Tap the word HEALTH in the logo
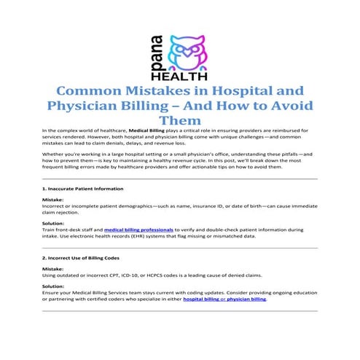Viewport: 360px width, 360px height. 179,75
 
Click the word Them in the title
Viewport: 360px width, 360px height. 179,121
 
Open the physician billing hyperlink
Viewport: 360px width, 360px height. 247,300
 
